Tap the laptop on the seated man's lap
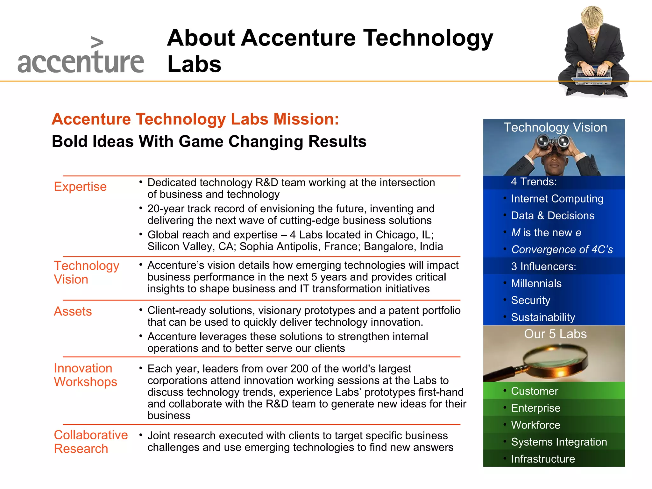pyautogui.click(x=593, y=76)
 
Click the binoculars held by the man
pyautogui.click(x=553, y=142)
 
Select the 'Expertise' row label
pyautogui.click(x=80, y=187)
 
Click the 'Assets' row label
pyautogui.click(x=73, y=311)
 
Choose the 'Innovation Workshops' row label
pyautogui.click(x=85, y=375)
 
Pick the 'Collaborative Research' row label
pyautogui.click(x=90, y=442)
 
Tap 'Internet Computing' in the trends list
pyautogui.click(x=557, y=199)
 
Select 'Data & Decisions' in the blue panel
pyautogui.click(x=553, y=216)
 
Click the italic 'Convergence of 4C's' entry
pyautogui.click(x=562, y=250)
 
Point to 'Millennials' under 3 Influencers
pyautogui.click(x=536, y=283)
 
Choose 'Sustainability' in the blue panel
pyautogui.click(x=543, y=317)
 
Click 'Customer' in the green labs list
pyautogui.click(x=535, y=391)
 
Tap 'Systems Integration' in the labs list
pyautogui.click(x=559, y=442)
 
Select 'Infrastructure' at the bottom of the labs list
pyautogui.click(x=543, y=459)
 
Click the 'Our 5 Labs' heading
pyautogui.click(x=555, y=334)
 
